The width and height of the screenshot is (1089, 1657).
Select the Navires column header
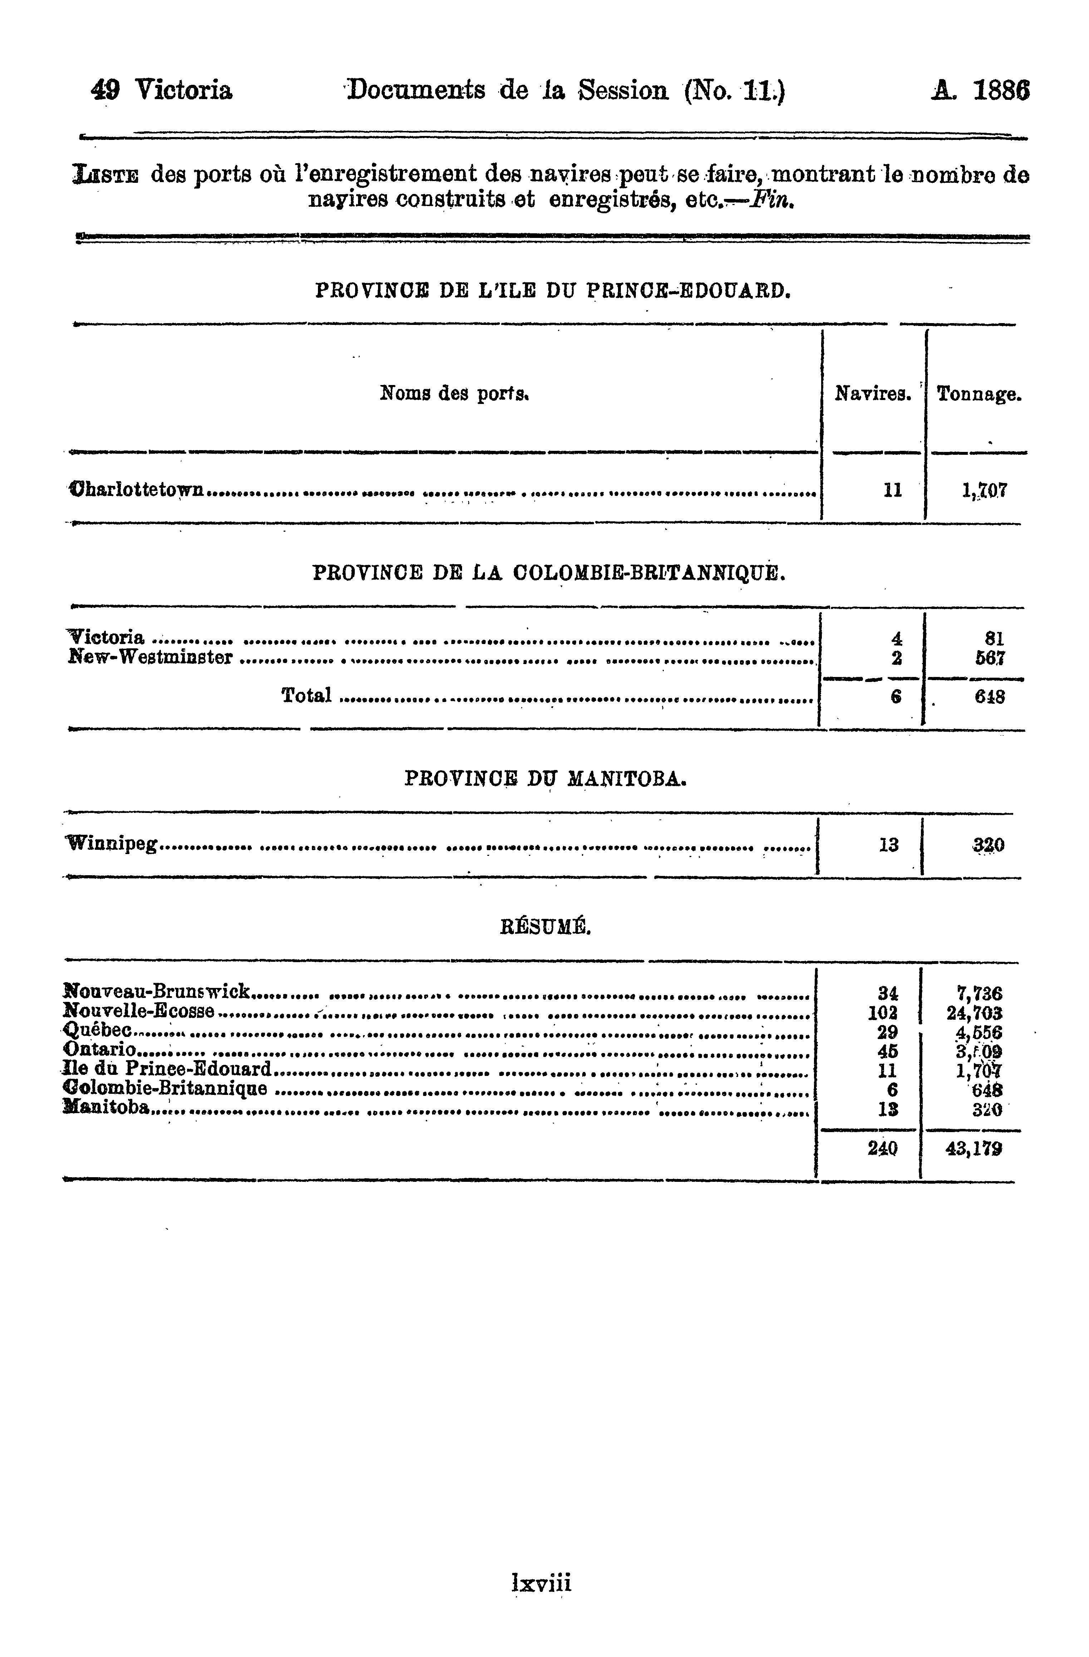click(873, 395)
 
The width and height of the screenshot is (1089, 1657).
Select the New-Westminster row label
click(150, 657)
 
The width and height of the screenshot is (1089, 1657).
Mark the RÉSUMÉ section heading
click(545, 927)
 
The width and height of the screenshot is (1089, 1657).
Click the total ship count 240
click(882, 1149)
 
